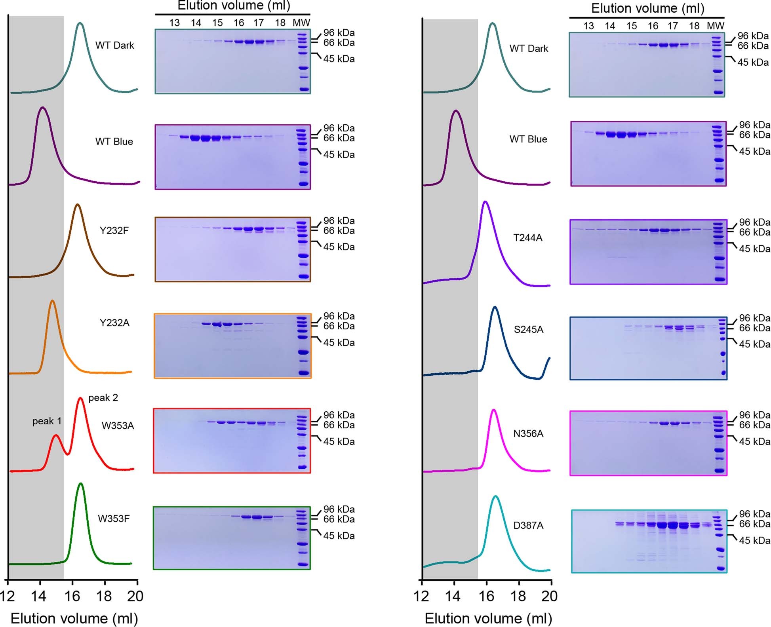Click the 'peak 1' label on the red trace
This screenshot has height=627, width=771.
point(47,421)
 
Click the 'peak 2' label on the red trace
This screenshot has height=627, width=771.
point(103,398)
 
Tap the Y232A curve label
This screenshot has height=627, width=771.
point(114,323)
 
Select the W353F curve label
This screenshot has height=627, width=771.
point(114,519)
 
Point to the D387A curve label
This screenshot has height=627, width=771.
point(528,526)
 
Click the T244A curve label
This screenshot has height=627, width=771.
point(527,238)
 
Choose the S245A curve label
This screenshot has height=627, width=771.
point(528,330)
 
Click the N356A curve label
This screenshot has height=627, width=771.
point(528,434)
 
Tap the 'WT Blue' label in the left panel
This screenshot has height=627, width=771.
point(114,142)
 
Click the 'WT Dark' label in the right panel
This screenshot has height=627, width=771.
point(529,49)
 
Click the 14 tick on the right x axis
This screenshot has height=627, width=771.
point(453,596)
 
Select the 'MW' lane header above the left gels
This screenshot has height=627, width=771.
point(301,23)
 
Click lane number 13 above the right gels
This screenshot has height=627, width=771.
point(588,26)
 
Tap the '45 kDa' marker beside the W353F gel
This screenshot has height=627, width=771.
point(339,536)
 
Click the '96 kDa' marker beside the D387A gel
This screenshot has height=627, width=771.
point(754,514)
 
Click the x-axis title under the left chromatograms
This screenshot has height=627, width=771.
point(74,618)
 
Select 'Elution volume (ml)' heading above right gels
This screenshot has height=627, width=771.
point(647,8)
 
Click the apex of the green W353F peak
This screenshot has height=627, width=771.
point(81,483)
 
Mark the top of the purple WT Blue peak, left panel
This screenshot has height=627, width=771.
point(42,107)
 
